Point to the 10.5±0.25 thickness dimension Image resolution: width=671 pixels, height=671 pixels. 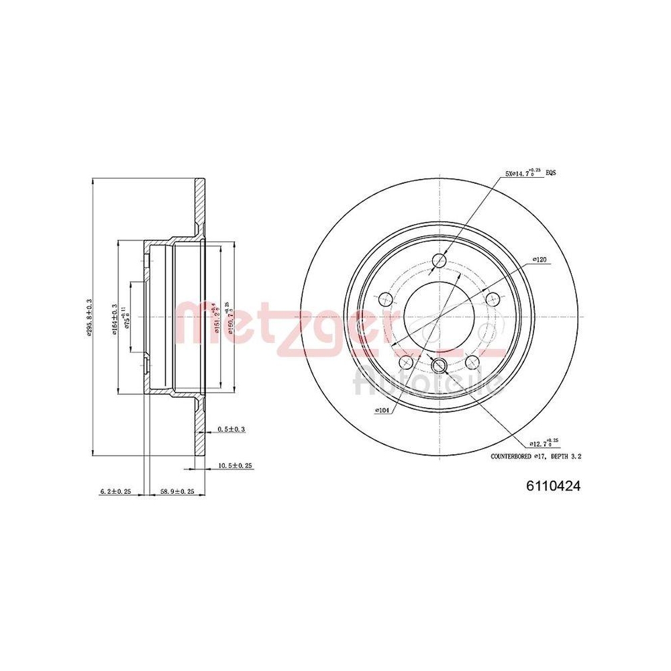tap(235, 465)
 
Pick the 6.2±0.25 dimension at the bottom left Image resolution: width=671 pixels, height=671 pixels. tap(115, 491)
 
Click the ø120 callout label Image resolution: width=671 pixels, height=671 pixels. tap(541, 258)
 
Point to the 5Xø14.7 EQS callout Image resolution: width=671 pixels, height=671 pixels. tap(530, 173)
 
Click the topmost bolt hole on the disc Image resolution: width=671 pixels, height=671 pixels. tap(440, 260)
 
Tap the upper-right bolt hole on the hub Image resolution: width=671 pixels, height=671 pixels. tap(493, 299)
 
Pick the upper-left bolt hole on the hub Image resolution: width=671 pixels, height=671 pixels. tap(386, 299)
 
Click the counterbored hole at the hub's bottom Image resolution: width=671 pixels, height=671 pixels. tap(440, 365)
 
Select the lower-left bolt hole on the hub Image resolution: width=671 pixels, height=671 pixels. tap(406, 362)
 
